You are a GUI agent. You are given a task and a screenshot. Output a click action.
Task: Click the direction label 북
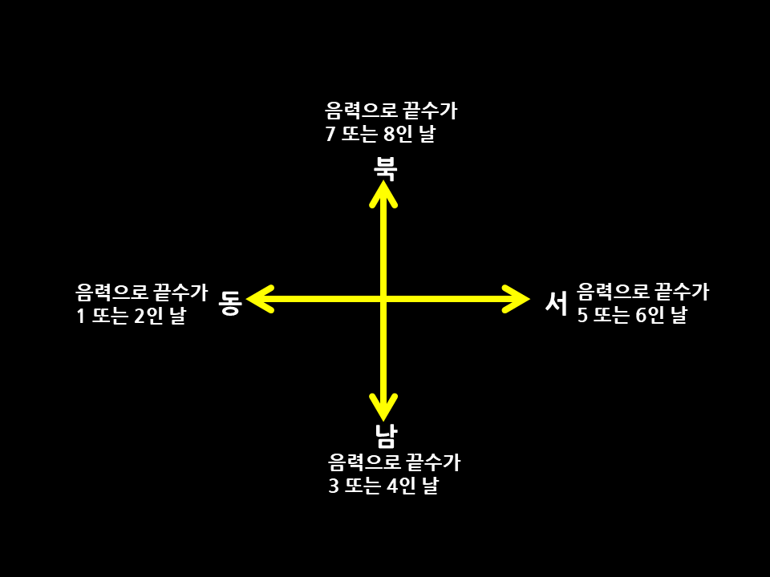(386, 167)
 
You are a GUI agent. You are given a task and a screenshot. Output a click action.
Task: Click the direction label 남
(386, 435)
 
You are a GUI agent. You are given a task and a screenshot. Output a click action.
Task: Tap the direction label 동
(230, 302)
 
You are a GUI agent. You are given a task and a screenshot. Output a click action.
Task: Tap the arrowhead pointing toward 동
(258, 299)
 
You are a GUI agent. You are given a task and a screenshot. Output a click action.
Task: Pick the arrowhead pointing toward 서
(518, 299)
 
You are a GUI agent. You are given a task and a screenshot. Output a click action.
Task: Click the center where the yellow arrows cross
(383, 299)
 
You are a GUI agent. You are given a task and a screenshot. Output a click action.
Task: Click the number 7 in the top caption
(330, 134)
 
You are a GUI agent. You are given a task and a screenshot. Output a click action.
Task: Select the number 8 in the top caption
(389, 134)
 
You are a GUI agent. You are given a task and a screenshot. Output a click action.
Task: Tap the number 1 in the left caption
(81, 316)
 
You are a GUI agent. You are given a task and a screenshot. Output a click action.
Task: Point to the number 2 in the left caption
(140, 316)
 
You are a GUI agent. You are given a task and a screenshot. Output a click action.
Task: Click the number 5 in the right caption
(583, 315)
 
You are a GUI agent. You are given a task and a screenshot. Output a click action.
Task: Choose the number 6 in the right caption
(641, 315)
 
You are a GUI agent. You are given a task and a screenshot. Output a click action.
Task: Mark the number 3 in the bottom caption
(334, 486)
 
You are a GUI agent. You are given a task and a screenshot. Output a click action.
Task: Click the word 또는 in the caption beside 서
(612, 315)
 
